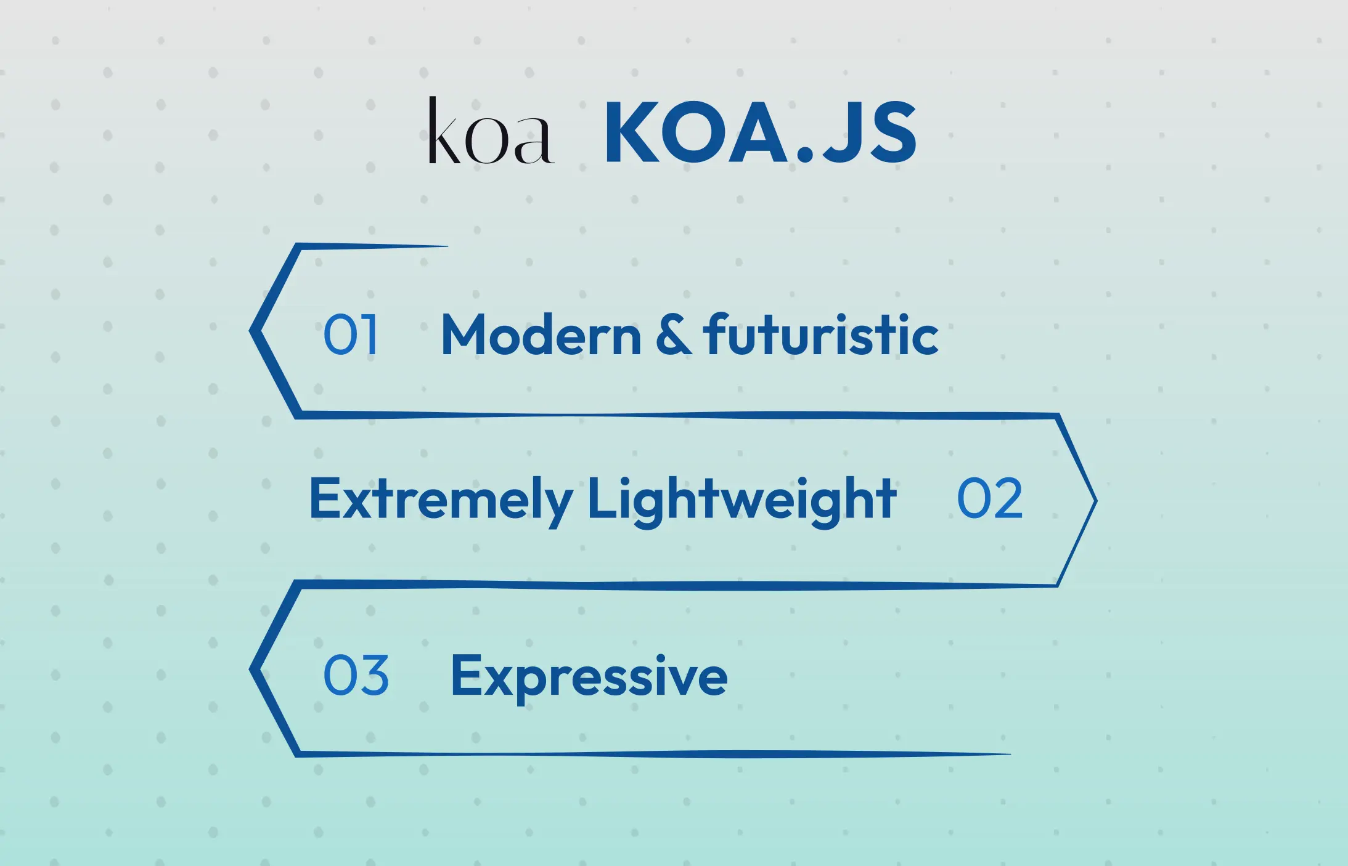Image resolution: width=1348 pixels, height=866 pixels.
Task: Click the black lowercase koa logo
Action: [491, 132]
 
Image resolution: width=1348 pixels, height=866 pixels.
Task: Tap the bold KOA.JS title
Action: [761, 132]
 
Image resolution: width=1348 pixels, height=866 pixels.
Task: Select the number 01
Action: [350, 334]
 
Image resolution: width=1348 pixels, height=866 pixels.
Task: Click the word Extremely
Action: [441, 499]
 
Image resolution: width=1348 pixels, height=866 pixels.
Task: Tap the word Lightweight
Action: [741, 500]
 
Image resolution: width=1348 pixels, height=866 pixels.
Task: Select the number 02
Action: [990, 499]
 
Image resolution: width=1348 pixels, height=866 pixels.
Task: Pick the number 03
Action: [356, 676]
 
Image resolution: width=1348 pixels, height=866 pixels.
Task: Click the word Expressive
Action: [589, 677]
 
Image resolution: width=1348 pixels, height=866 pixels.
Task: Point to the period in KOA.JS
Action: [804, 154]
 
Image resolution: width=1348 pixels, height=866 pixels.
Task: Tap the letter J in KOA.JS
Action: [838, 133]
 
